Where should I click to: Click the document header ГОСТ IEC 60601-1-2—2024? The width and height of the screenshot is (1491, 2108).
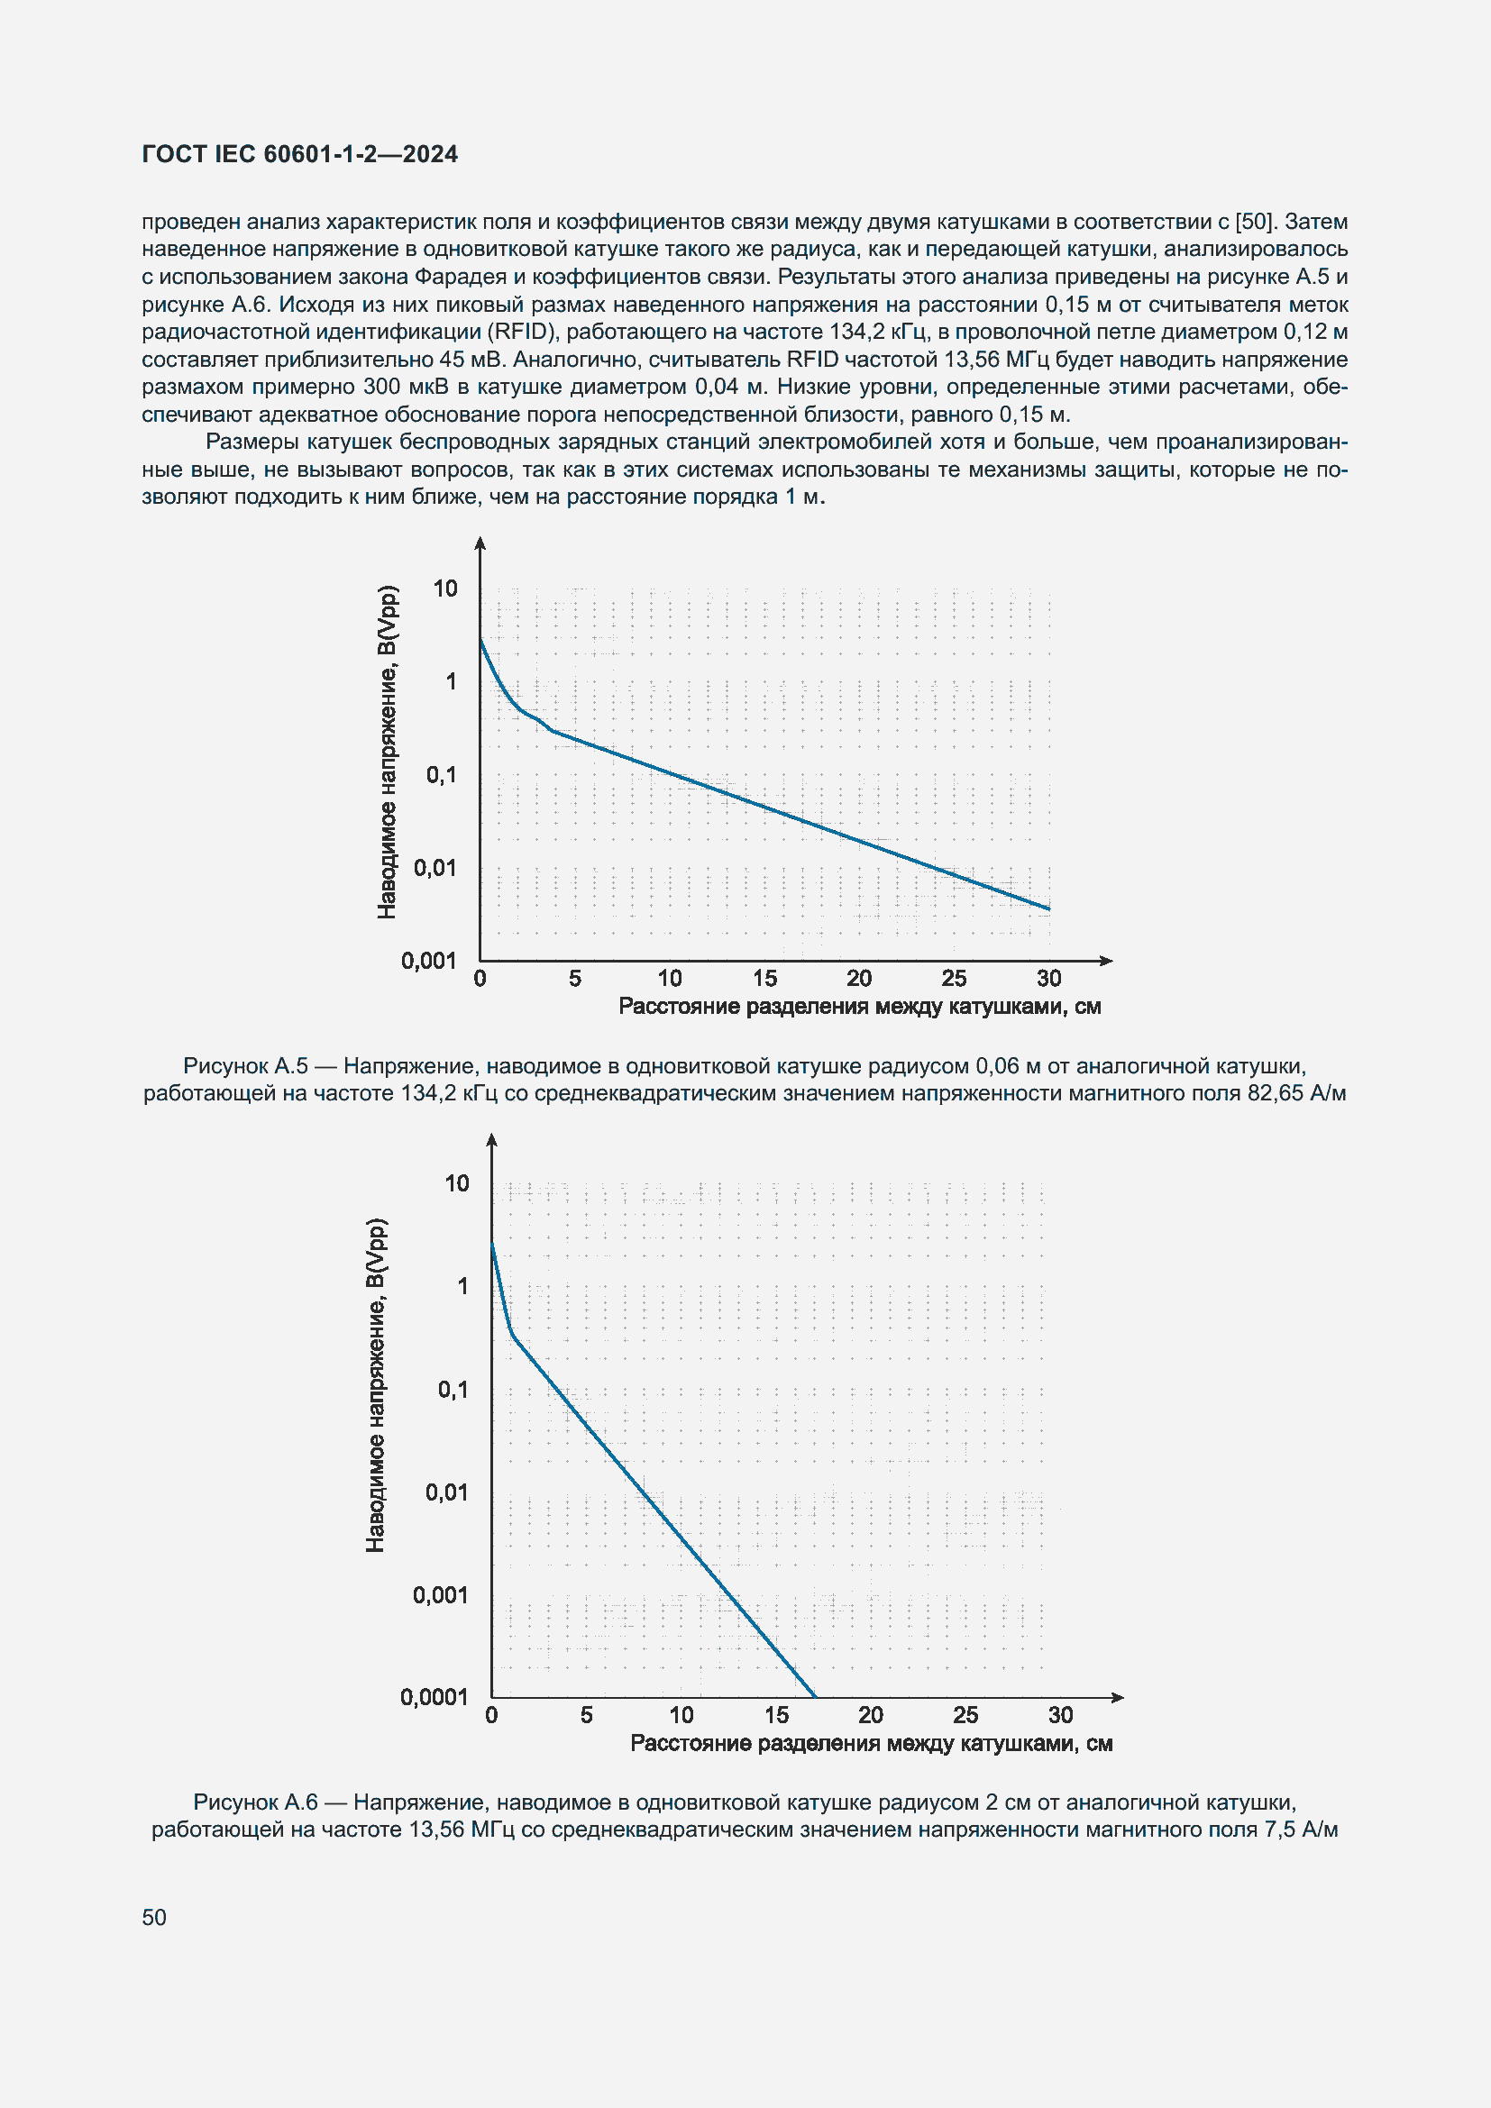(299, 154)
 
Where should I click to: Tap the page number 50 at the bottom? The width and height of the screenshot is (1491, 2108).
(154, 1917)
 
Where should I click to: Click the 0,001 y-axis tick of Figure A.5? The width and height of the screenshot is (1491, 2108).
(429, 961)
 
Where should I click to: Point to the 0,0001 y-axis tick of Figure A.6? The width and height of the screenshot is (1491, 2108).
(434, 1697)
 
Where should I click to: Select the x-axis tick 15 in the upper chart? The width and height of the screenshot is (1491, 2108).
(764, 979)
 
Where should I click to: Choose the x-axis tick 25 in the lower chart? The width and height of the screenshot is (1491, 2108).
(965, 1715)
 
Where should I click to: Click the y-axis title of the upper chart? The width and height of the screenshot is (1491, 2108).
(388, 751)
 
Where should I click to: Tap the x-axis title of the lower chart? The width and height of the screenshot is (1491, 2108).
(872, 1744)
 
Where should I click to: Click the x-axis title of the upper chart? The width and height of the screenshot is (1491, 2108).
(859, 1008)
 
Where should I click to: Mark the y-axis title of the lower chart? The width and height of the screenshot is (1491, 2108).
(377, 1386)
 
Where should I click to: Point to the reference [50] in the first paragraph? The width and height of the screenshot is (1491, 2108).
(1254, 223)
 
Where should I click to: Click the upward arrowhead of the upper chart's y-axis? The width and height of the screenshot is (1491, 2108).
(480, 543)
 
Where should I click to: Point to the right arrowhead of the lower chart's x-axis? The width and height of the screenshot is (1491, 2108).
(1117, 1698)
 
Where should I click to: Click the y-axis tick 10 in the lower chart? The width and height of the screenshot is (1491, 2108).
(456, 1183)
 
